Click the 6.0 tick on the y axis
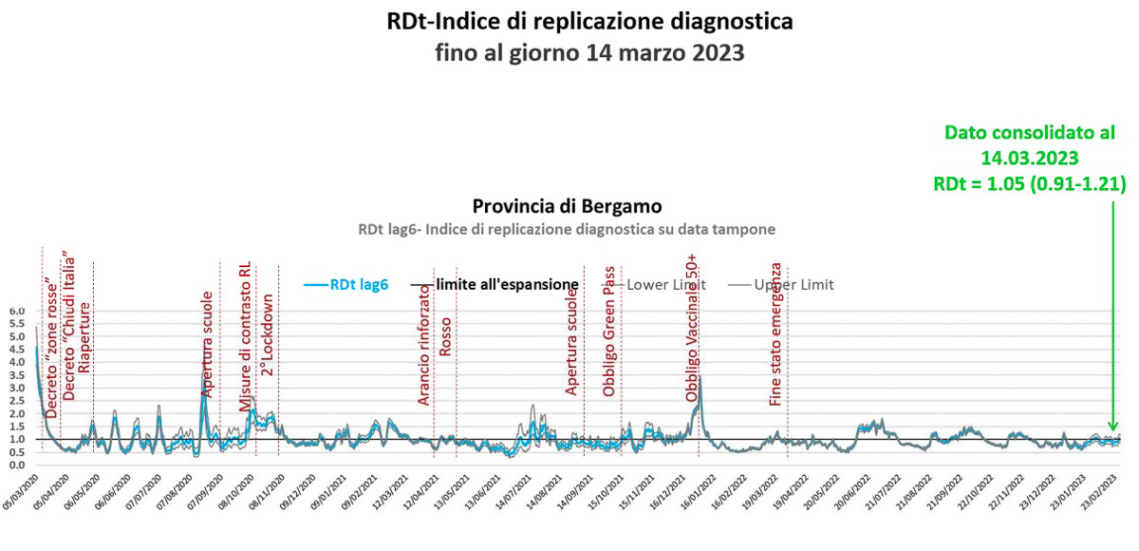[x=17, y=311]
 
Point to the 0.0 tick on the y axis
[x=17, y=465]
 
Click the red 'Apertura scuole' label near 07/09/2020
[x=208, y=343]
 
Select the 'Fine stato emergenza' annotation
[x=776, y=333]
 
